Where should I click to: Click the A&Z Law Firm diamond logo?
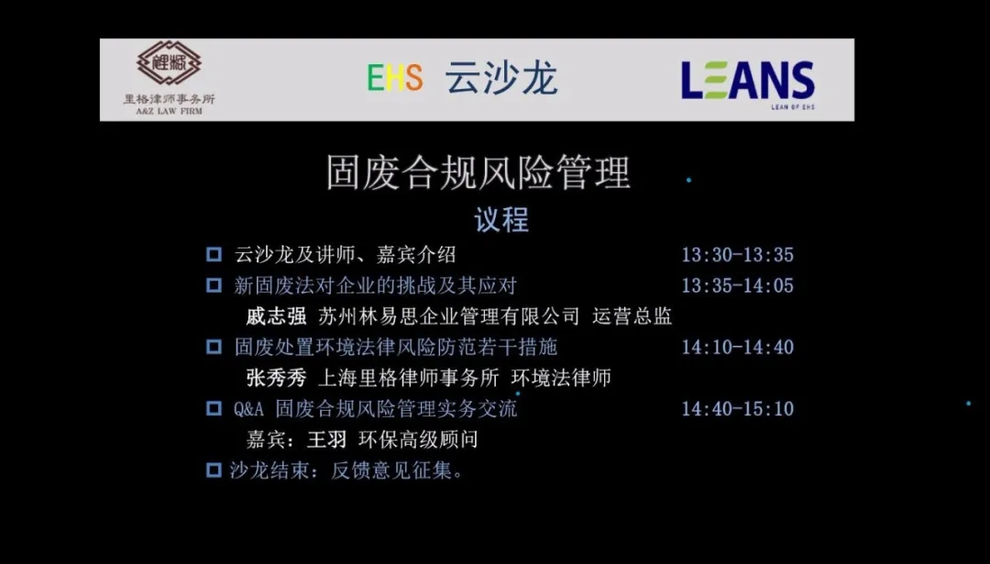tap(169, 63)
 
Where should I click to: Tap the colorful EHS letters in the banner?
tap(395, 78)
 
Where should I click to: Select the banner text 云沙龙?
tap(501, 78)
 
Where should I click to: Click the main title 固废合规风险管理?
tap(478, 172)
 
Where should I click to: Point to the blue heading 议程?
tap(501, 220)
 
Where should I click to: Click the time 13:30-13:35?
tap(737, 255)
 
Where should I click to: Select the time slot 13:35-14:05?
tap(737, 285)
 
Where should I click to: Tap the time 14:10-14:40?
tap(737, 347)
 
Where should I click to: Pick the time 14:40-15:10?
tap(737, 409)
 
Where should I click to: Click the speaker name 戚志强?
tap(276, 315)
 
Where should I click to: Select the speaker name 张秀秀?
tap(276, 378)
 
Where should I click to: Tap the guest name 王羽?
tap(326, 439)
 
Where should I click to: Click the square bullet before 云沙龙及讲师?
tap(214, 255)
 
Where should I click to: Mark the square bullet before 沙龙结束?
tap(214, 470)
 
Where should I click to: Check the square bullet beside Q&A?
tap(214, 409)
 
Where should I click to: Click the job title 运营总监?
tap(632, 315)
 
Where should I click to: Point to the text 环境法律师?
tap(561, 378)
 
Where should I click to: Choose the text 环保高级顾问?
tap(418, 439)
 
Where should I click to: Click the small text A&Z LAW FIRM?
tap(170, 111)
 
